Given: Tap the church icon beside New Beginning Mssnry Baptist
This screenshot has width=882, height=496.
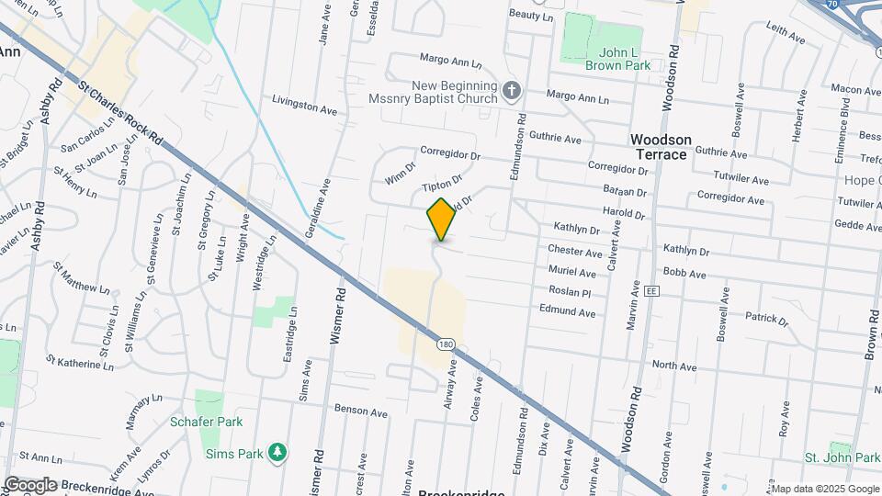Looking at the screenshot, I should pyautogui.click(x=513, y=89).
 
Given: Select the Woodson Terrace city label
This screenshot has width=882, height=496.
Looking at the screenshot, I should pyautogui.click(x=660, y=147).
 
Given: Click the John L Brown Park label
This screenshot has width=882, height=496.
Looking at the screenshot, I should pyautogui.click(x=618, y=58).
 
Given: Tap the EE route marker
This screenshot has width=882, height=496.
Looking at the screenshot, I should pyautogui.click(x=652, y=290).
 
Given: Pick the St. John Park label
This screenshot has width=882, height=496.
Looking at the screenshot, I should pyautogui.click(x=842, y=457).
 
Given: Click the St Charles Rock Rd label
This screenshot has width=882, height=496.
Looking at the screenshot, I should pyautogui.click(x=120, y=113).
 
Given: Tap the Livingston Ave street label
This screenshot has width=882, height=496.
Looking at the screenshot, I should pyautogui.click(x=304, y=104).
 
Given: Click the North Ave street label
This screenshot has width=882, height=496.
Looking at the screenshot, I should pyautogui.click(x=674, y=366).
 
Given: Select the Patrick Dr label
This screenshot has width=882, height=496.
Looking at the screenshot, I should pyautogui.click(x=766, y=319).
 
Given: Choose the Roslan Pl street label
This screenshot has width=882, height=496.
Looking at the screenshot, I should pyautogui.click(x=571, y=291).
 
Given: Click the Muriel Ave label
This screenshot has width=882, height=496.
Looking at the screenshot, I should pyautogui.click(x=571, y=272).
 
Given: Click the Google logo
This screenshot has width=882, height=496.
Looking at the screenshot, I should pyautogui.click(x=29, y=484).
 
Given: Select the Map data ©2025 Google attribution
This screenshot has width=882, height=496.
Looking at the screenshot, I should pyautogui.click(x=825, y=488).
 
